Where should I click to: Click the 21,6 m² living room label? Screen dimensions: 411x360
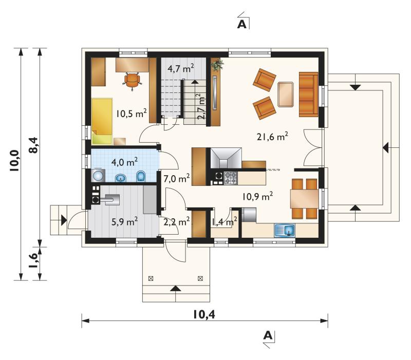(x=272, y=137)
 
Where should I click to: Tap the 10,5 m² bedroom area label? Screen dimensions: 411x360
(x=132, y=113)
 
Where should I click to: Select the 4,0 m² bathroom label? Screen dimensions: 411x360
(x=124, y=162)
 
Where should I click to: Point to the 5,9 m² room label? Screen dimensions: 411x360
(x=124, y=222)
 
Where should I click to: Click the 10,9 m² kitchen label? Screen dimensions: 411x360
(x=257, y=196)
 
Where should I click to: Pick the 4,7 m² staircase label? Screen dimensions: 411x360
(x=181, y=68)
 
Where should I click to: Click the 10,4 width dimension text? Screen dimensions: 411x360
(x=204, y=314)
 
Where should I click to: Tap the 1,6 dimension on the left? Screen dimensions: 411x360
(x=33, y=263)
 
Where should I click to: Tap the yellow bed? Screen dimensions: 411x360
(x=102, y=121)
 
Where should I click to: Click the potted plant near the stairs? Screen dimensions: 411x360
(x=217, y=65)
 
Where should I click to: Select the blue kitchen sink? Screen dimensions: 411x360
(x=285, y=231)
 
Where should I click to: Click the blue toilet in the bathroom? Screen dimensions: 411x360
(x=141, y=177)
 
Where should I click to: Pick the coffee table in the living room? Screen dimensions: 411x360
(x=286, y=94)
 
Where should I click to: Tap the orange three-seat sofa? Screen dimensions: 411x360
(x=309, y=94)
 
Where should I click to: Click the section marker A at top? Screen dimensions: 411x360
(x=242, y=24)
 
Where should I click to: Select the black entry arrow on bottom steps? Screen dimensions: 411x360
(x=176, y=288)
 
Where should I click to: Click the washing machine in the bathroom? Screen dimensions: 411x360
(x=98, y=175)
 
